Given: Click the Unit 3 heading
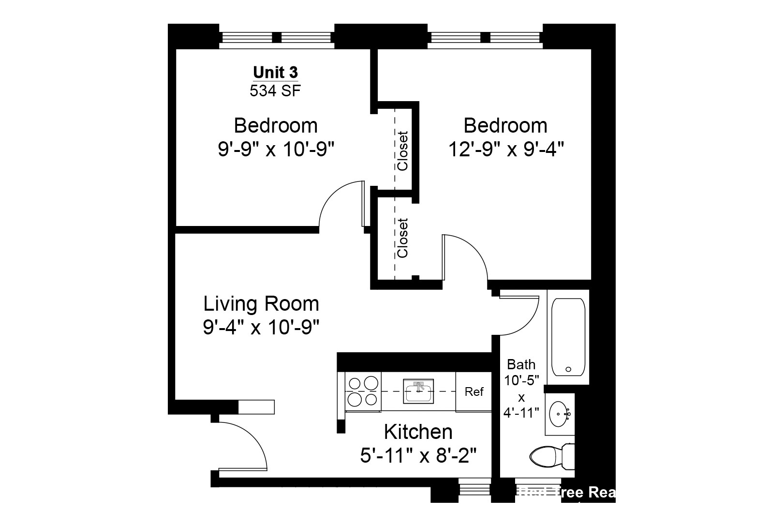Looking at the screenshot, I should pyautogui.click(x=275, y=73).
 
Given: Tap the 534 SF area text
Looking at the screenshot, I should pyautogui.click(x=275, y=90).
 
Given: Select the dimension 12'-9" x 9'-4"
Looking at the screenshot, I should pyautogui.click(x=506, y=150).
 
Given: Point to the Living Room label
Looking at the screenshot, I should pyautogui.click(x=261, y=304).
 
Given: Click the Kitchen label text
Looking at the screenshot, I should pyautogui.click(x=418, y=431).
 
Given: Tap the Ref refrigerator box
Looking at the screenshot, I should pyautogui.click(x=473, y=391).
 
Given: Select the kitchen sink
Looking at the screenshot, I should pyautogui.click(x=419, y=391).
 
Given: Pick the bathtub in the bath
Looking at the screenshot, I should pyautogui.click(x=568, y=337).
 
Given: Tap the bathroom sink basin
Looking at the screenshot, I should pyautogui.click(x=560, y=414).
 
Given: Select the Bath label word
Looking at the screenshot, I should pyautogui.click(x=521, y=364).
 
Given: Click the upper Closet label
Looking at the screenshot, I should pyautogui.click(x=403, y=151).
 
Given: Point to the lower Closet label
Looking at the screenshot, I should pyautogui.click(x=403, y=238).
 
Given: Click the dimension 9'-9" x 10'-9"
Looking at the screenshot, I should pyautogui.click(x=276, y=150).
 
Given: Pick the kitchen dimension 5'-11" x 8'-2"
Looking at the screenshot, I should pyautogui.click(x=418, y=455).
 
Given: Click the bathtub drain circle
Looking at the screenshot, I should pyautogui.click(x=568, y=370).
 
